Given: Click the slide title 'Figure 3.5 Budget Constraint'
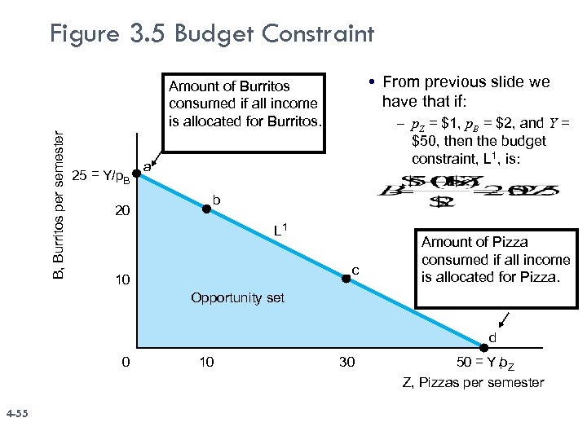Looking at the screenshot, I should pos(212,34).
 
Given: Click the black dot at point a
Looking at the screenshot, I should pos(136,172).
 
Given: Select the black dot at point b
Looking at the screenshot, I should pos(206,209).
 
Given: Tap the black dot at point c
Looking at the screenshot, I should pos(346,279).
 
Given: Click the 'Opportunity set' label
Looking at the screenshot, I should pos(237,298).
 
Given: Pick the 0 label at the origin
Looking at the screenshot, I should pos(125,362).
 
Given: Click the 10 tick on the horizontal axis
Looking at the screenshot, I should pos(206,362).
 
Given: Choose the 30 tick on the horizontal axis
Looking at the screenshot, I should pos(346,362).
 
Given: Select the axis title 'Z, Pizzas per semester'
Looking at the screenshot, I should pos(473,382).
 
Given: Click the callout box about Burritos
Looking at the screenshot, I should pos(245,104).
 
